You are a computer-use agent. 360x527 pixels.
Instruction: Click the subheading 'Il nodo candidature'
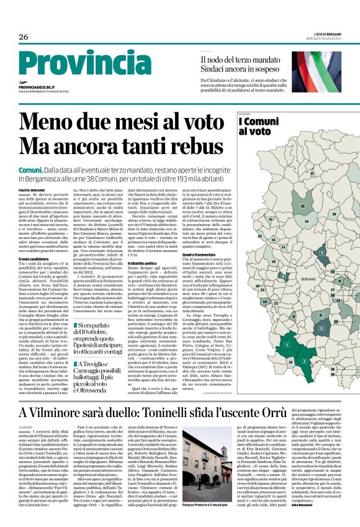pos(34,258)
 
